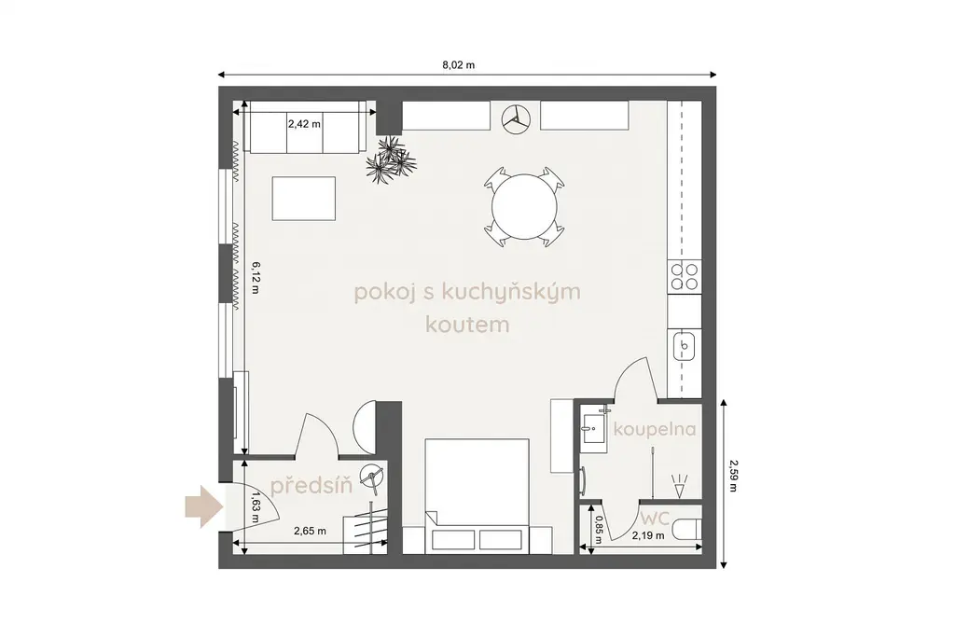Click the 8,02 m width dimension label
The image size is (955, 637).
point(459,64)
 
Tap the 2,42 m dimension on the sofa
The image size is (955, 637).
point(305,124)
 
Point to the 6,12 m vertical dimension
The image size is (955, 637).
point(255,278)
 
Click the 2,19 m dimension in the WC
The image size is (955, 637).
point(648,536)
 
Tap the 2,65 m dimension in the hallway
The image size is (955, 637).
point(310,531)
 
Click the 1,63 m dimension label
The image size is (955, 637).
point(256,506)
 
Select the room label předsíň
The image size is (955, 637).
point(311,485)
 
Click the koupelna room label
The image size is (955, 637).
point(655,429)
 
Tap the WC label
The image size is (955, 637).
point(655,519)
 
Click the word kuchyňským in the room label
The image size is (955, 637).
point(510,292)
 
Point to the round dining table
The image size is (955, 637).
point(524,206)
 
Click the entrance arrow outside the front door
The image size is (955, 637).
point(201,506)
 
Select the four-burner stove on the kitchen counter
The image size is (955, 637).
point(685,276)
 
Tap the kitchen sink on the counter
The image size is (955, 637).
point(685,347)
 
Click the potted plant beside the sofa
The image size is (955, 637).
point(391,159)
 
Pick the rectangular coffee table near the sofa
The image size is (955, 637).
point(304,199)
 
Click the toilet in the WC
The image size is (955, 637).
point(688,529)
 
